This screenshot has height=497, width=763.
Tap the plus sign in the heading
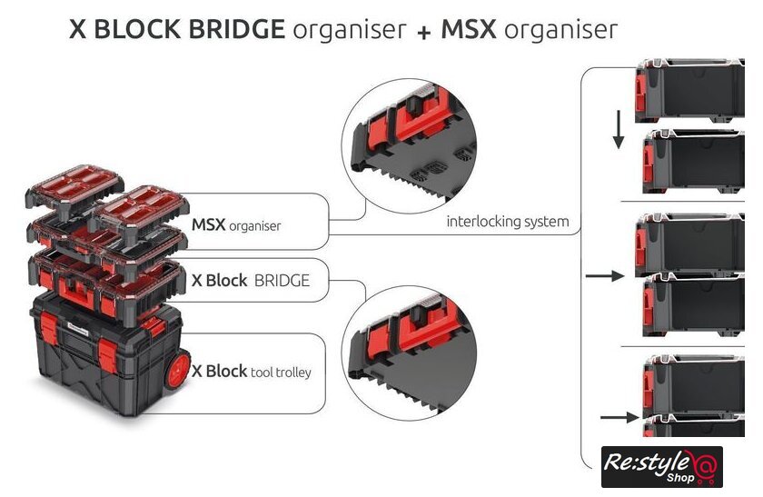423,31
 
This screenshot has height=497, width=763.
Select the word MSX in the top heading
470,29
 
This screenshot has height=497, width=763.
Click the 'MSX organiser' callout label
236,224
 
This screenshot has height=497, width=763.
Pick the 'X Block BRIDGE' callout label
251,281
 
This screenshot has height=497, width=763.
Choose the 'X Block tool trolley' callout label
257,372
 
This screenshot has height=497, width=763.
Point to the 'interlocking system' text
508,222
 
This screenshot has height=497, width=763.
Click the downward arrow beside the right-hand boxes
618,130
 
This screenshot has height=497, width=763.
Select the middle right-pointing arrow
605,274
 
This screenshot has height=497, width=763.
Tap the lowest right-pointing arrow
618,418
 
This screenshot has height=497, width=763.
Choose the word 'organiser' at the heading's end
560,29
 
